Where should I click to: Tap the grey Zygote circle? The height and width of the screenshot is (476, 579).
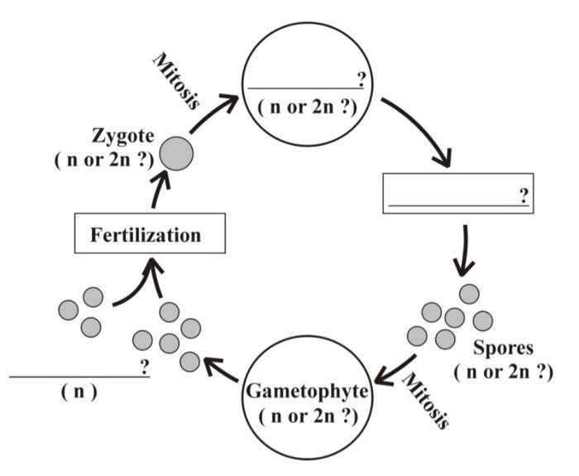[x=178, y=154]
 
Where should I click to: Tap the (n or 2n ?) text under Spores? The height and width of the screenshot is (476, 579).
[x=503, y=372]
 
